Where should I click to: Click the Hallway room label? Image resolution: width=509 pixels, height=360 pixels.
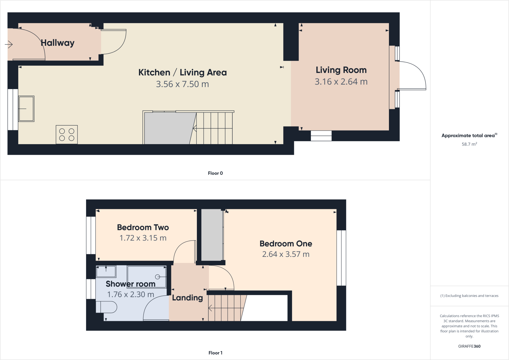(x=58, y=43)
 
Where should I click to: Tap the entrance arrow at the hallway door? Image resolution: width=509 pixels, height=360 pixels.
(x=9, y=45)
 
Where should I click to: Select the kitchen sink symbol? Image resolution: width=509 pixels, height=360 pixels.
(x=26, y=109)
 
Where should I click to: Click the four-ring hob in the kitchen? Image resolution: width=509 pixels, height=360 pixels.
(x=67, y=135)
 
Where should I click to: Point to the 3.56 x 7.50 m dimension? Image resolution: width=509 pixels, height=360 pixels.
(x=182, y=84)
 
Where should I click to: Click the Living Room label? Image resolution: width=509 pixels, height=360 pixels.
(x=341, y=70)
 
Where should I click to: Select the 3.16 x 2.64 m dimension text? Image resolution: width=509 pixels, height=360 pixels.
(x=341, y=82)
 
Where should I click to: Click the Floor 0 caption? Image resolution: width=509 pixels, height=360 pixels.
(x=215, y=173)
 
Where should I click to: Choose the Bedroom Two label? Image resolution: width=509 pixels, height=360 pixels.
(x=143, y=227)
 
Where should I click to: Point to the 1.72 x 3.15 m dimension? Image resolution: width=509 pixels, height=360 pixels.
(x=143, y=238)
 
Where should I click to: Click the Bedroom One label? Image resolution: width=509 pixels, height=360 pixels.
(x=286, y=244)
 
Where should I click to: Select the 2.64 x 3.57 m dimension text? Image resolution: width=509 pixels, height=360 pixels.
(x=286, y=254)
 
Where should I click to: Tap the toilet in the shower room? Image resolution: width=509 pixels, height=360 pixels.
(x=107, y=307)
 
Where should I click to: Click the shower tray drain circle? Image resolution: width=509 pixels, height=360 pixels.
(x=158, y=277)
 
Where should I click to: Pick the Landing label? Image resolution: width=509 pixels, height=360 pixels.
(x=187, y=298)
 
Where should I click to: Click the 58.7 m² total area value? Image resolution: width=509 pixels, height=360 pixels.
(x=469, y=144)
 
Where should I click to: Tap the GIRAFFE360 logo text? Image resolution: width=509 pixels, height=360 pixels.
(x=469, y=346)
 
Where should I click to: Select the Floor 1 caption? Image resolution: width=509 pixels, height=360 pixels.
(x=215, y=353)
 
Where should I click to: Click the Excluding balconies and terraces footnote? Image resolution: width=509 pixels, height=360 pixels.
(x=469, y=296)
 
